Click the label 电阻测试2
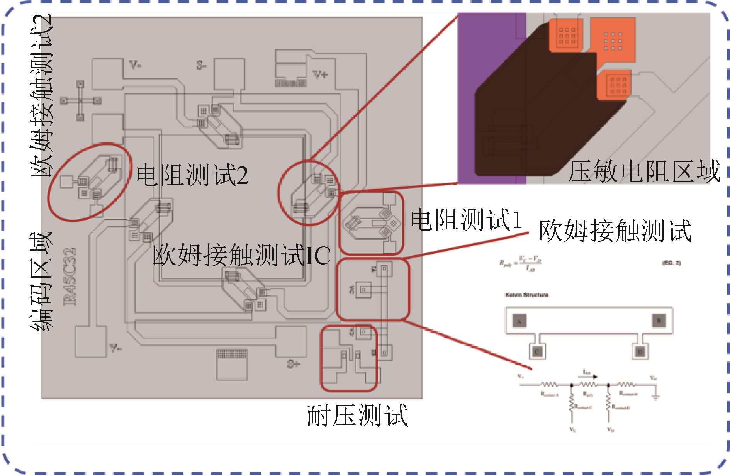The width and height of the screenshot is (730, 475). click(192, 175)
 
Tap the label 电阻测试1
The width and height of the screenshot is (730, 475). click(466, 220)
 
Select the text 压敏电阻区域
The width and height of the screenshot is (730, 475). click(643, 171)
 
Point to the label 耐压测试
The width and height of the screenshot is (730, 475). click(357, 416)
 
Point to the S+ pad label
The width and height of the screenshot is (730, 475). click(294, 364)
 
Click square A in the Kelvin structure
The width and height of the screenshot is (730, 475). click(519, 321)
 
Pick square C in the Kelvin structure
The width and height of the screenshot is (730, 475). click(536, 351)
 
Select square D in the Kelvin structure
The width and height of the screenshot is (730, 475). click(640, 351)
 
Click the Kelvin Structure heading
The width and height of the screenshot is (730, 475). click(526, 295)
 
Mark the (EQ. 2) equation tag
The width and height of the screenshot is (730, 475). click(671, 263)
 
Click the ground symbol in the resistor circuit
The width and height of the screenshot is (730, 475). click(655, 397)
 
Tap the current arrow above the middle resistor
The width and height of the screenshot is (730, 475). click(590, 375)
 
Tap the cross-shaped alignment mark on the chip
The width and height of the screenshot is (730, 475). click(80, 101)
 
